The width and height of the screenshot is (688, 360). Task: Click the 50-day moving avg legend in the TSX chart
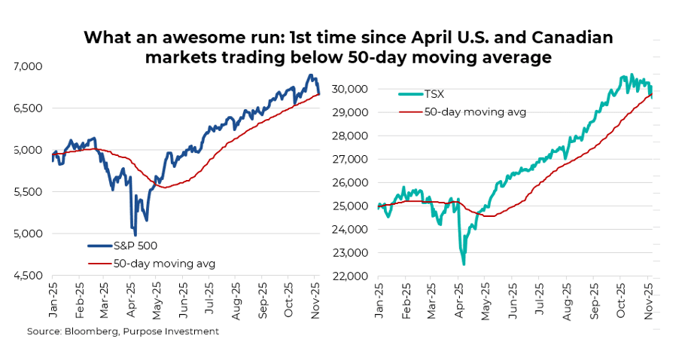[474, 111]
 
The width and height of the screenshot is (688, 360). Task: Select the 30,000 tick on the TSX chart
[349, 89]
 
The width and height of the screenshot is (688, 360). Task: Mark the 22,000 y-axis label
[349, 276]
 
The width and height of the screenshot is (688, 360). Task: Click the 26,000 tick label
[349, 182]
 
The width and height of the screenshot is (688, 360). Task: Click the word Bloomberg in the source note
[93, 331]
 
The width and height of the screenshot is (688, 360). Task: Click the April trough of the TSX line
[464, 264]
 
